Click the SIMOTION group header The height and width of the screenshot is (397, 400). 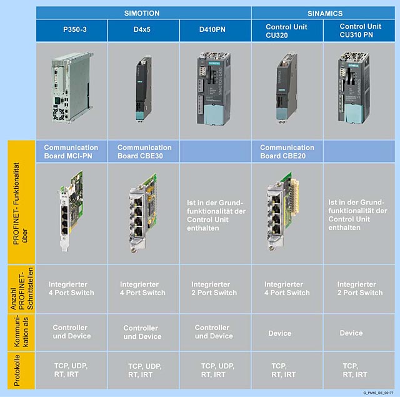(x=143, y=12)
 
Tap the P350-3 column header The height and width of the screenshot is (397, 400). (x=71, y=31)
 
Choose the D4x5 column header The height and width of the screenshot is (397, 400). (x=143, y=31)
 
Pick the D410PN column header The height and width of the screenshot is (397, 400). (x=215, y=31)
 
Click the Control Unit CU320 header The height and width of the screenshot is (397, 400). (x=287, y=31)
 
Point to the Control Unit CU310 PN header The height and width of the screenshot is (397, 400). (x=359, y=31)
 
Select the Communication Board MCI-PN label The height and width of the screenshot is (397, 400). (x=71, y=151)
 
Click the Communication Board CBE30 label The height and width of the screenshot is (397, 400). (x=144, y=151)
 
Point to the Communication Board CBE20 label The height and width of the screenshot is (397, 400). (x=287, y=151)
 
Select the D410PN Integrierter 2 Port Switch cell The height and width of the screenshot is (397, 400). (x=214, y=288)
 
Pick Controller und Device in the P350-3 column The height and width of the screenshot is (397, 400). (x=71, y=332)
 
